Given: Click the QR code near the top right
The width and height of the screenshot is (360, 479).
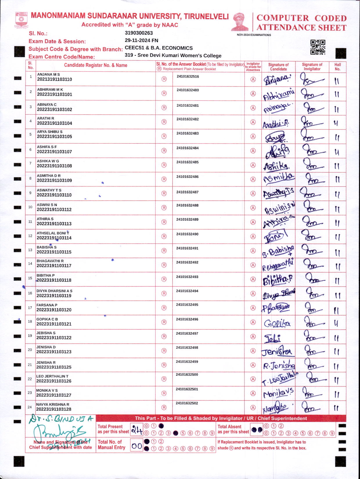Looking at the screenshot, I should click(318, 47).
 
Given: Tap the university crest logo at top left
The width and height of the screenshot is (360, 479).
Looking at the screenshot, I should click(21, 20).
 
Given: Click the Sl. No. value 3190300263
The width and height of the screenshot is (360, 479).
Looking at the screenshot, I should click(139, 33).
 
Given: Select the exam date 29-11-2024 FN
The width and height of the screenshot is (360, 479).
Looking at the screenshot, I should click(141, 40).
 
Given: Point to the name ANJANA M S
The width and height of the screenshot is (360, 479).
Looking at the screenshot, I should click(48, 75).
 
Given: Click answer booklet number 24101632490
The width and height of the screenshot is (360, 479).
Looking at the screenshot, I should click(187, 234).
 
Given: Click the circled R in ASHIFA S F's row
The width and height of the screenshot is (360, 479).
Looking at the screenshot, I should click(164, 151).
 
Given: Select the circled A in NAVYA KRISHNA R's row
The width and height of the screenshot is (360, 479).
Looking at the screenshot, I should click(253, 408).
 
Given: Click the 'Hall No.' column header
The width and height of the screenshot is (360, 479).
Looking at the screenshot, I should click(337, 67).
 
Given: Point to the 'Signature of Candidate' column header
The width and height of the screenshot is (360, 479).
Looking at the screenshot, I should click(278, 67).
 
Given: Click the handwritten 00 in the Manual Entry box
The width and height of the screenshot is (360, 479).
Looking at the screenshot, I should click(136, 446).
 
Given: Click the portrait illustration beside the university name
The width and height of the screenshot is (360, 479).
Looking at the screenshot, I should click(240, 22).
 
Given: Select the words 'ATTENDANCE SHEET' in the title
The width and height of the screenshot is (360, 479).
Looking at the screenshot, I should click(301, 28).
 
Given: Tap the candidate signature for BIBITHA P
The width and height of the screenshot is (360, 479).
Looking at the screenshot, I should click(278, 280).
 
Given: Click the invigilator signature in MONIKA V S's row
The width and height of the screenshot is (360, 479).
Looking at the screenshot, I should click(311, 393).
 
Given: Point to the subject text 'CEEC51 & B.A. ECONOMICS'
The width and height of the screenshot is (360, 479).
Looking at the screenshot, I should click(159, 48).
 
